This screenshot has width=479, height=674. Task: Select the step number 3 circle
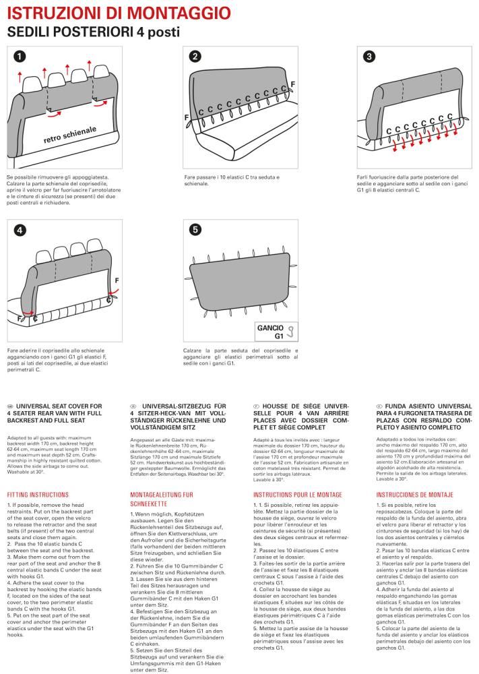click(369, 57)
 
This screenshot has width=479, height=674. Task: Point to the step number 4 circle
click(19, 230)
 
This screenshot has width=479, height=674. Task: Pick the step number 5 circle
click(195, 230)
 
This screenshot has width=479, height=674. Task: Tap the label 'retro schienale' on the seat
click(70, 135)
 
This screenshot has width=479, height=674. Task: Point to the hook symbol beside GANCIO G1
click(290, 330)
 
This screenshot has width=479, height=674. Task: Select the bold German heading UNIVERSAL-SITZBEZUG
click(178, 406)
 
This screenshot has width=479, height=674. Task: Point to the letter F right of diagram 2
click(292, 83)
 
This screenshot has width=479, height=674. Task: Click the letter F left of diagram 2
click(186, 117)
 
